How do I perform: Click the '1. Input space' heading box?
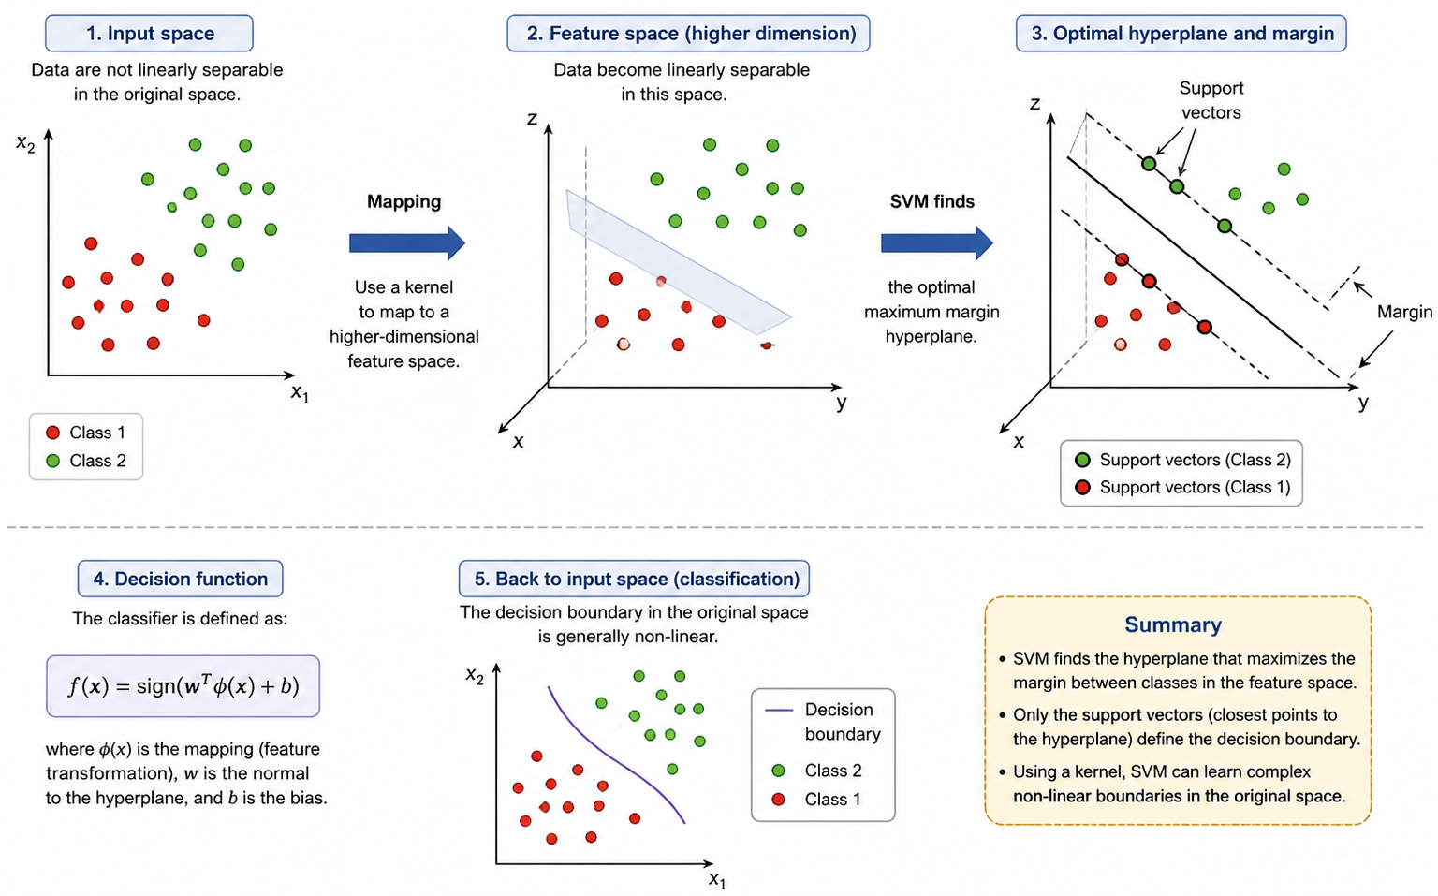pyautogui.click(x=149, y=34)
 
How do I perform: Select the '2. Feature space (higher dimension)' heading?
pyautogui.click(x=688, y=34)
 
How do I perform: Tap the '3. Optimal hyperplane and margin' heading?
pyautogui.click(x=1181, y=34)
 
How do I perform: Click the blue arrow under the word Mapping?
pyautogui.click(x=407, y=243)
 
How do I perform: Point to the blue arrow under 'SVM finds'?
pyautogui.click(x=937, y=243)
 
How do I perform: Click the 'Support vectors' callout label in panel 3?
pyautogui.click(x=1211, y=100)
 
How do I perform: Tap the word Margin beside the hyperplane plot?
pyautogui.click(x=1404, y=313)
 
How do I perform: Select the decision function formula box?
pyautogui.click(x=183, y=686)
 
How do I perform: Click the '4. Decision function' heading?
pyautogui.click(x=181, y=579)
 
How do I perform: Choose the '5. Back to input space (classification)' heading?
pyautogui.click(x=634, y=579)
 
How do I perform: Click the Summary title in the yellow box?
pyautogui.click(x=1173, y=625)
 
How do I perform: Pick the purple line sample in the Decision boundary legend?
pyautogui.click(x=779, y=711)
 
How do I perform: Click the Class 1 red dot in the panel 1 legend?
pyautogui.click(x=53, y=433)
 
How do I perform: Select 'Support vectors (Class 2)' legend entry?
pyautogui.click(x=1182, y=460)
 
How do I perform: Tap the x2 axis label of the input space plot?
pyautogui.click(x=25, y=143)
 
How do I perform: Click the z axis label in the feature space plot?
pyautogui.click(x=532, y=119)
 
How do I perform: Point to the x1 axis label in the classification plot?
pyautogui.click(x=717, y=880)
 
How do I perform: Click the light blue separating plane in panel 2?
pyautogui.click(x=677, y=261)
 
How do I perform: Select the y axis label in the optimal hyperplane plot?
pyautogui.click(x=1363, y=404)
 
